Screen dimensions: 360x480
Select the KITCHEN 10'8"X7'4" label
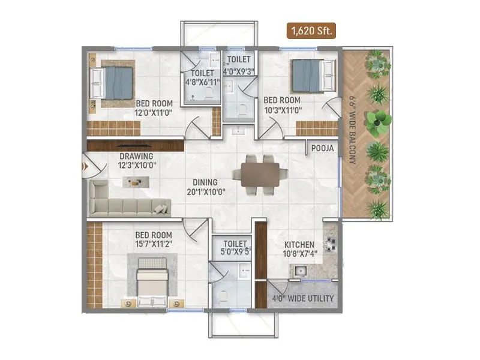[299, 249]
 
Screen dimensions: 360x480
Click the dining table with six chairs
[260, 174]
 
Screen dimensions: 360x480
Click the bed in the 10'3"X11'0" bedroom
[312, 75]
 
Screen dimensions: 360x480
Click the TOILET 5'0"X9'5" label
[234, 248]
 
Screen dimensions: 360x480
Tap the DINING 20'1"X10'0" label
[205, 187]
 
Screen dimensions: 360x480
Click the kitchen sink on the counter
[301, 271]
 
